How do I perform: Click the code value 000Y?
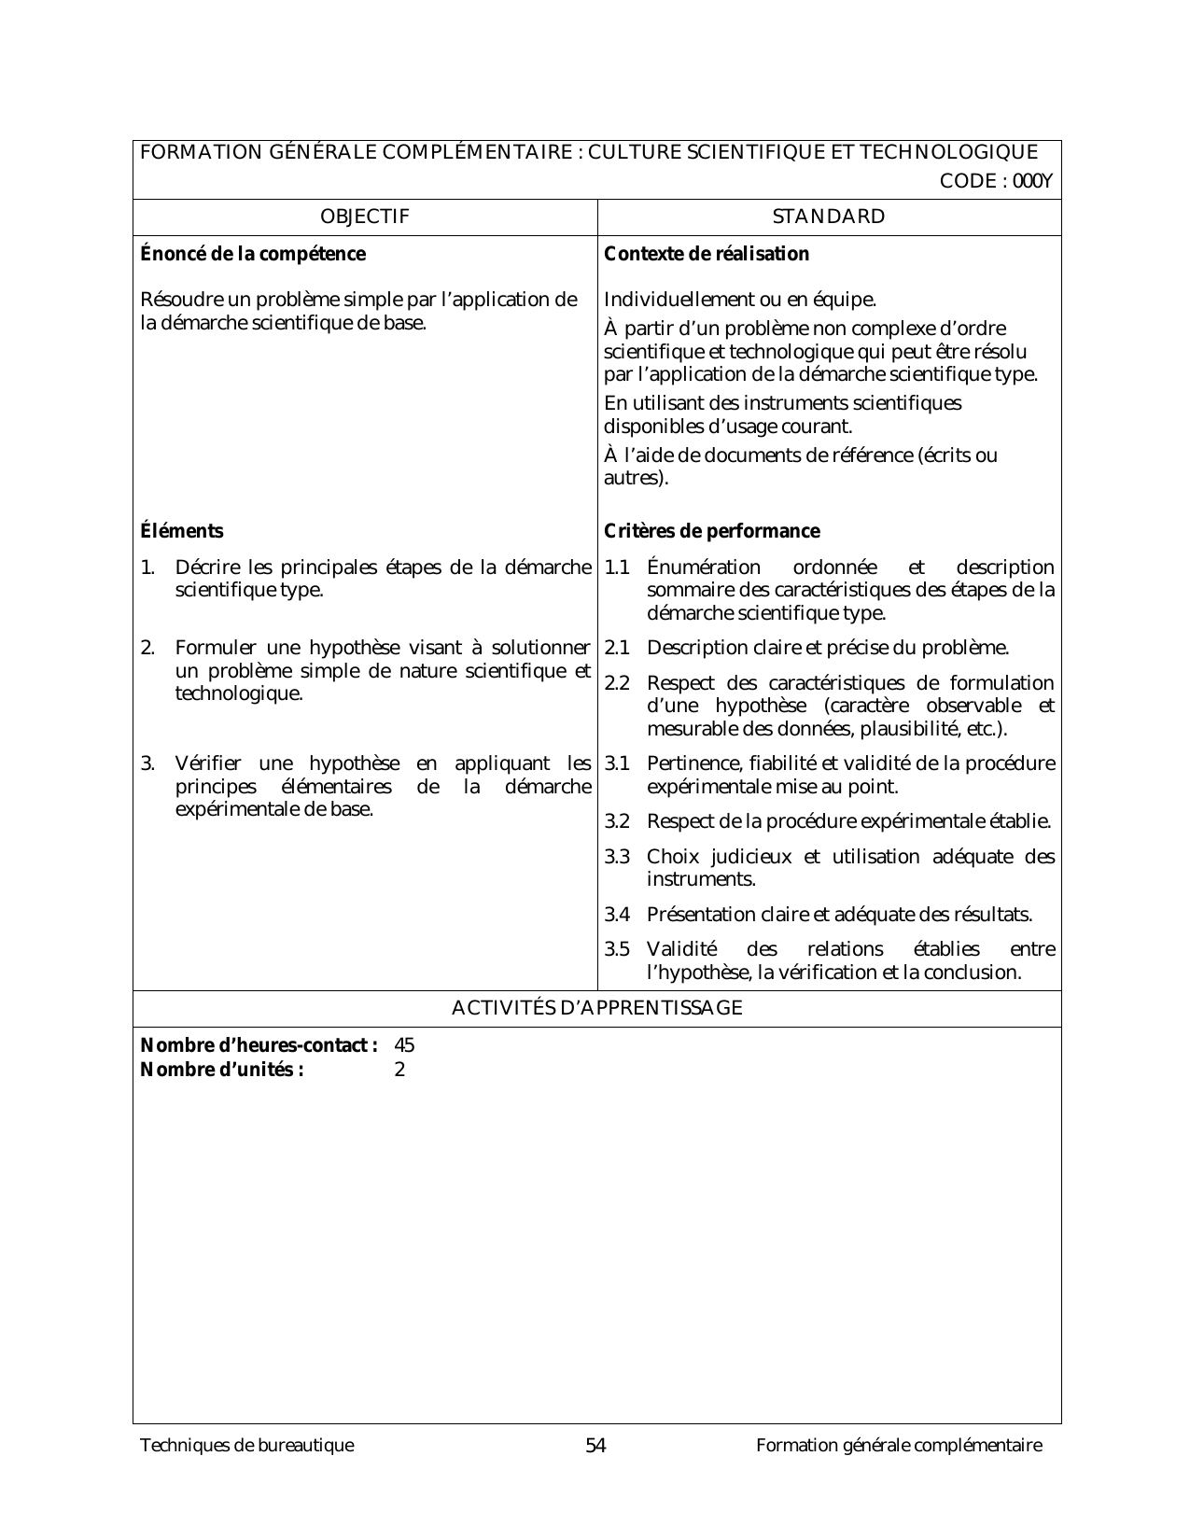[x=1035, y=182]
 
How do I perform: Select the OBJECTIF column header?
[x=364, y=217]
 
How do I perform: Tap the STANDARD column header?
[x=829, y=217]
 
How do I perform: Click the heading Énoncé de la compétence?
[x=252, y=254]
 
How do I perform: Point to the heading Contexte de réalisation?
[x=707, y=254]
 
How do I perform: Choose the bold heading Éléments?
[x=182, y=531]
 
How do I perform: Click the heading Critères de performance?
[x=712, y=531]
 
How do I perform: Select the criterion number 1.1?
[x=617, y=567]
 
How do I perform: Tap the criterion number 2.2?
[x=617, y=683]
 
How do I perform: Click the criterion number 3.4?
[x=617, y=915]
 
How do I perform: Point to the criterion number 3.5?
[x=617, y=949]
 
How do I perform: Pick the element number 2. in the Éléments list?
[x=147, y=648]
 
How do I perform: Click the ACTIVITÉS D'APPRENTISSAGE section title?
[x=596, y=1008]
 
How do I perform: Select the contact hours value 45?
[x=404, y=1045]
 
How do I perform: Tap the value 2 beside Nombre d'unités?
[x=399, y=1070]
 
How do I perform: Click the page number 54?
[x=595, y=1446]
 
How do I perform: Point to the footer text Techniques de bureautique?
[x=246, y=1446]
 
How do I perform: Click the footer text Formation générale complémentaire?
[x=899, y=1446]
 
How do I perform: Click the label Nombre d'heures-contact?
[x=259, y=1045]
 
